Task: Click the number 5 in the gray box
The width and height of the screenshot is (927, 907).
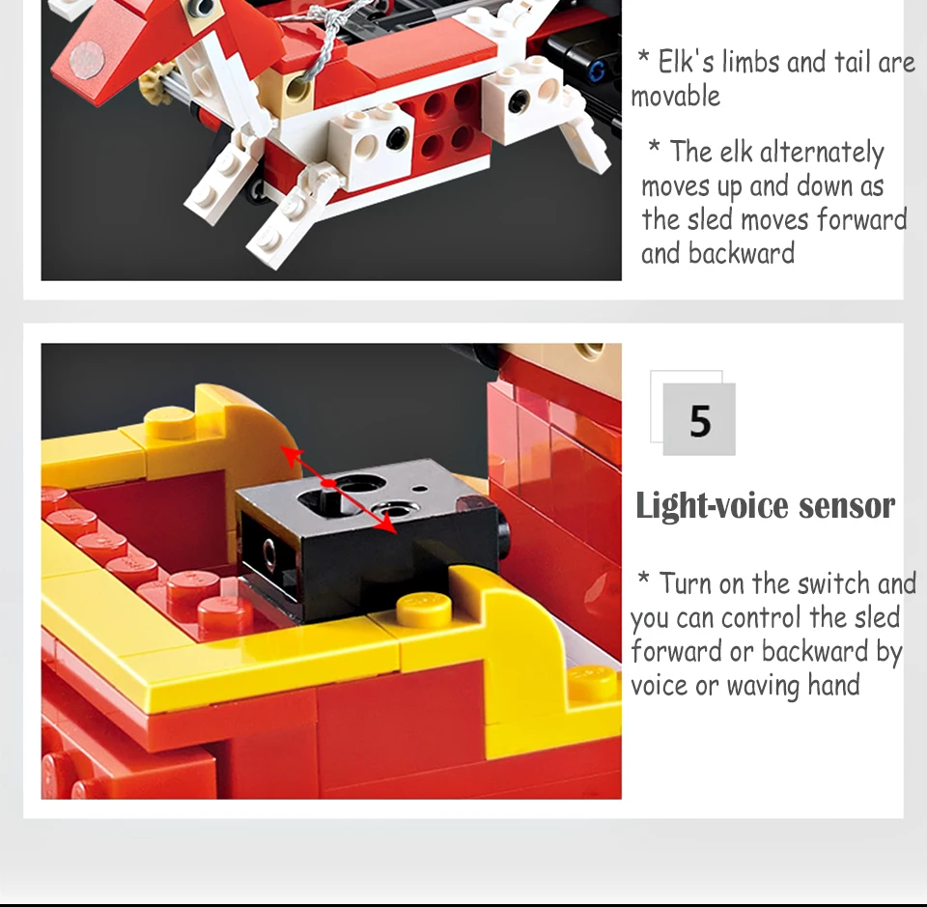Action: click(x=700, y=421)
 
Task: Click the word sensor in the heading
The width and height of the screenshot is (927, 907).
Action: click(x=847, y=506)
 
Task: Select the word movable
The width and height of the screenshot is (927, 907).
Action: click(x=676, y=97)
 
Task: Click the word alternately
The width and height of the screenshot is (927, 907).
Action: click(x=822, y=153)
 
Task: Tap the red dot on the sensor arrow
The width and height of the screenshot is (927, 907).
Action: click(x=328, y=483)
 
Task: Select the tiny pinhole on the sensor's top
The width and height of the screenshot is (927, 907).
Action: click(x=420, y=489)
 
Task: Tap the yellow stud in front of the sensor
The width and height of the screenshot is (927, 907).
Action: click(x=423, y=609)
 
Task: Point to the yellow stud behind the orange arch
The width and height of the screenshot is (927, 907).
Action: click(x=170, y=421)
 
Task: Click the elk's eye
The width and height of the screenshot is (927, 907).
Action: click(x=203, y=7)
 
